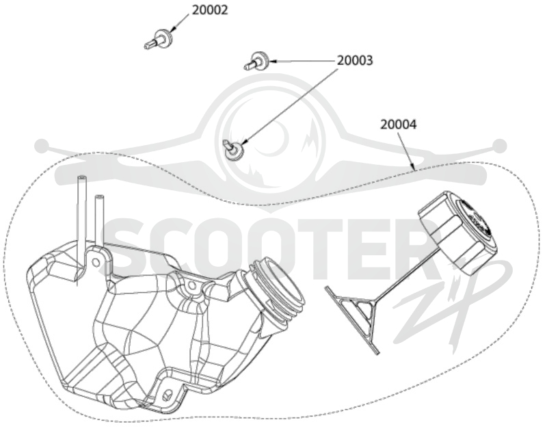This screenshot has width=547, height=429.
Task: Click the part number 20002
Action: pyautogui.click(x=210, y=10)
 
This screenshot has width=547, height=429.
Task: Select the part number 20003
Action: pyautogui.click(x=355, y=60)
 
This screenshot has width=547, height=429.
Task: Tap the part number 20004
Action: pyautogui.click(x=399, y=125)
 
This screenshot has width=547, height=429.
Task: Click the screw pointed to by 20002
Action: pyautogui.click(x=157, y=40)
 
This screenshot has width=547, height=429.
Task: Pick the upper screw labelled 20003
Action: pyautogui.click(x=256, y=61)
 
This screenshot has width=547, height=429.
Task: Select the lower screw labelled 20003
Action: pyautogui.click(x=233, y=148)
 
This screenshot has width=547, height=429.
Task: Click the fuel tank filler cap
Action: pyautogui.click(x=457, y=231)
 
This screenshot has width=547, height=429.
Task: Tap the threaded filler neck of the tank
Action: pyautogui.click(x=276, y=289)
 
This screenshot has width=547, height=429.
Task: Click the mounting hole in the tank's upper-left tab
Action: pyautogui.click(x=95, y=262)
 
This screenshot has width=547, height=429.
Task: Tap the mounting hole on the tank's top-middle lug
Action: pyautogui.click(x=191, y=287)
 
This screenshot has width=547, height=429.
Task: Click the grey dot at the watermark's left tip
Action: pyautogui.click(x=42, y=145)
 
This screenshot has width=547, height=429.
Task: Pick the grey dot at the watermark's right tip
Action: pyautogui.click(x=500, y=145)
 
